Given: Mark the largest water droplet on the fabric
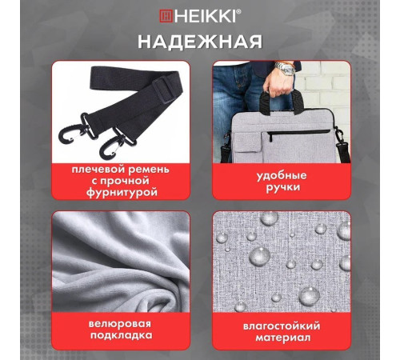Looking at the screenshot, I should click(260, 256).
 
